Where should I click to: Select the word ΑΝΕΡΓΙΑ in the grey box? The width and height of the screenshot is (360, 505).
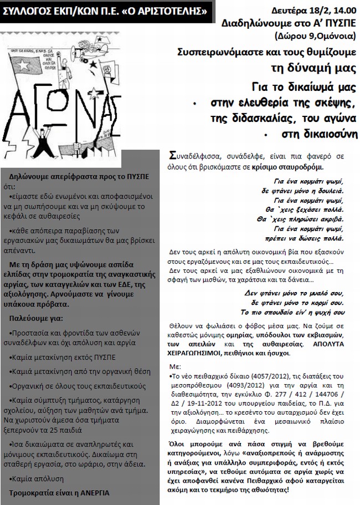(x=90, y=492)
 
